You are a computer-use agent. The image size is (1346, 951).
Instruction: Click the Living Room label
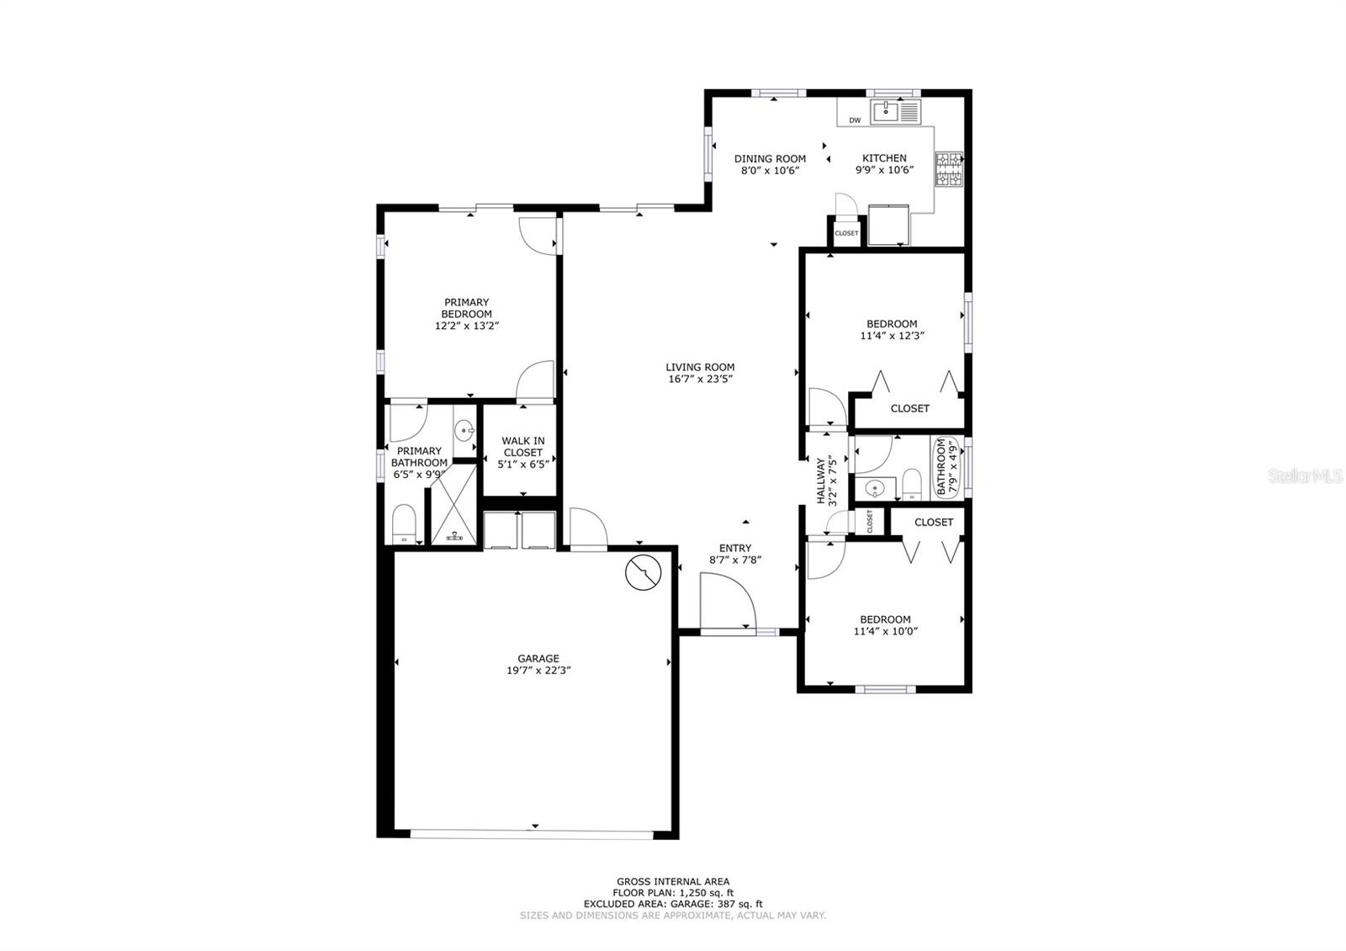coord(700,367)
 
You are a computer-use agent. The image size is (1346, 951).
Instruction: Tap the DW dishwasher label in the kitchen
coord(855,120)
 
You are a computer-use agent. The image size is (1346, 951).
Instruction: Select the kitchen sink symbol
coord(887,111)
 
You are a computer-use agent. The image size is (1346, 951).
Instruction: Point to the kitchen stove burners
coord(949,169)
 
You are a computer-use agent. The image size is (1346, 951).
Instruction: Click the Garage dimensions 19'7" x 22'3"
coord(538,670)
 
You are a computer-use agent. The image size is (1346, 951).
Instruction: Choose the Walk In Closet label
coord(523,447)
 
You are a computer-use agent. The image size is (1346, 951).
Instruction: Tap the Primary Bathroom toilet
coord(404,524)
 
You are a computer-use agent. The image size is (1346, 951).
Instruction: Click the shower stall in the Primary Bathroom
coord(453,505)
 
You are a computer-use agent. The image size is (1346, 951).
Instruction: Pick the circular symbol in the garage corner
coord(643,572)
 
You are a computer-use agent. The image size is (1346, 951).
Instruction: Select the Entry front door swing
coord(728,602)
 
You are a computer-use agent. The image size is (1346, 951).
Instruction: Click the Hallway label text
coord(821,481)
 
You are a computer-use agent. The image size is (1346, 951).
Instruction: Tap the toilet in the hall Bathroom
coord(912,485)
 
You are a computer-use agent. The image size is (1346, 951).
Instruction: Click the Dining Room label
coord(770,159)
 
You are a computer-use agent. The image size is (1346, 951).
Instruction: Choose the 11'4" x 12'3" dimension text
coord(893,336)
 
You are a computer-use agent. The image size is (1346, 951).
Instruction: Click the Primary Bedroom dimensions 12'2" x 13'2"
coord(467,326)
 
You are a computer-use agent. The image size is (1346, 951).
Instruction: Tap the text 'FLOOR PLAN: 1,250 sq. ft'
coord(673,893)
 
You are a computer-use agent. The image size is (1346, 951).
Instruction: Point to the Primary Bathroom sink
coord(464,430)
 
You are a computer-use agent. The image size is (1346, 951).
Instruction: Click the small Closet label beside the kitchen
coord(846,233)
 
